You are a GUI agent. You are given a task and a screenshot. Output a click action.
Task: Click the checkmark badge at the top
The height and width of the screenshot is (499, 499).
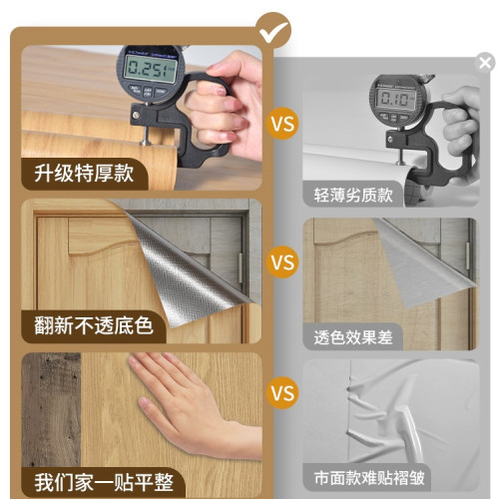272,29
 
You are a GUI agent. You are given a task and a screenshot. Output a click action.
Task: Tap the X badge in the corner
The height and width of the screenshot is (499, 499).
485,63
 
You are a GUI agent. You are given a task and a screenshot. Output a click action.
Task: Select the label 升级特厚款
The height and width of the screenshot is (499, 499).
85,171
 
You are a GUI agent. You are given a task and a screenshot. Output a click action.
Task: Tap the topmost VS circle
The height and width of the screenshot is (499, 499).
282,127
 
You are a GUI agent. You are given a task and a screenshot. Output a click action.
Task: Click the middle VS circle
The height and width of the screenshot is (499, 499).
282,263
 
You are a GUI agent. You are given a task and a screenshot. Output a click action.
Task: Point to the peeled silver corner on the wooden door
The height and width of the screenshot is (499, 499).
185,269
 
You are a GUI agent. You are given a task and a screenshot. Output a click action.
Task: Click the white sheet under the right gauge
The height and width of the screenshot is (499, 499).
349,150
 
